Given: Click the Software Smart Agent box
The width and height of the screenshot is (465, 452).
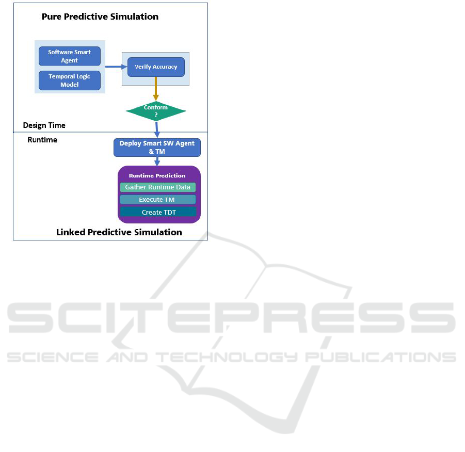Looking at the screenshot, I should [70, 56].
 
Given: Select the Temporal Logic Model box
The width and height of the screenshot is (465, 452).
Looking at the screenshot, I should [70, 80].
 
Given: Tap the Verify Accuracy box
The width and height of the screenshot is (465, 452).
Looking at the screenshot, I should [156, 67].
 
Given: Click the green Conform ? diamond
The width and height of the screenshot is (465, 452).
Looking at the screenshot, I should [156, 110].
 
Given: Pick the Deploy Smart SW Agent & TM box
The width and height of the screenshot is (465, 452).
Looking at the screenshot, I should [157, 147].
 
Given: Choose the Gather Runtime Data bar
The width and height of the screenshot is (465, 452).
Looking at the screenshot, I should [157, 187].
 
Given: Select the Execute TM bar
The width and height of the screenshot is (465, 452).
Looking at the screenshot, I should [157, 200].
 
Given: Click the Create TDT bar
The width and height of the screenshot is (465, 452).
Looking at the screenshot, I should [158, 212].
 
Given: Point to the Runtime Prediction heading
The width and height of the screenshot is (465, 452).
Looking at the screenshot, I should [157, 175].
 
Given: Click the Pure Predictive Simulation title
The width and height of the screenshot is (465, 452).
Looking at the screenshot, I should [100, 17].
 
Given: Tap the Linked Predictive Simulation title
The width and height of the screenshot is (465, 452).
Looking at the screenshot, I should [119, 232].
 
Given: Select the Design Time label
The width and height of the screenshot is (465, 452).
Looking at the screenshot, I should [44, 125].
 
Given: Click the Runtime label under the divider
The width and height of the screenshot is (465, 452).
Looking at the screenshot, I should [42, 140].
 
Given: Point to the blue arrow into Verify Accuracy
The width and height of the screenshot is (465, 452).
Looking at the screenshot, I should [116, 67].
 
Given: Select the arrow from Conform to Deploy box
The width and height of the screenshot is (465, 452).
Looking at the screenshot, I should [156, 128].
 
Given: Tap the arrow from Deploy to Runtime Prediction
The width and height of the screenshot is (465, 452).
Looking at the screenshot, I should [157, 161].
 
